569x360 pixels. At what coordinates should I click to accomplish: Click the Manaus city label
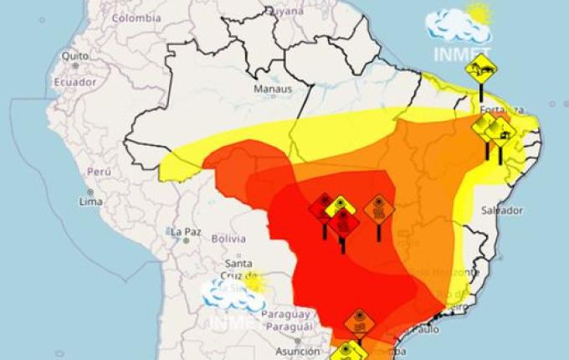click(273, 88)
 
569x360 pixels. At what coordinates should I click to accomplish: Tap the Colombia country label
click(136, 18)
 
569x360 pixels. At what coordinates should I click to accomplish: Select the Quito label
click(74, 55)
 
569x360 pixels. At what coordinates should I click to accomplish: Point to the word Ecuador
click(74, 82)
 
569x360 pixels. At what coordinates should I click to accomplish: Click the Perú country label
click(99, 171)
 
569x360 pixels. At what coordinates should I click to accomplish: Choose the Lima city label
click(90, 202)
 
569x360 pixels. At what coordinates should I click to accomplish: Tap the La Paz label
click(185, 231)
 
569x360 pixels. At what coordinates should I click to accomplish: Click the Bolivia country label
click(228, 239)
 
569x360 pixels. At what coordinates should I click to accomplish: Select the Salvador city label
click(502, 210)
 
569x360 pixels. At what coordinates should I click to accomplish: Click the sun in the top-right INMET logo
click(479, 13)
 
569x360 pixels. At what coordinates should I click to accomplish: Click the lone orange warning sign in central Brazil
click(379, 208)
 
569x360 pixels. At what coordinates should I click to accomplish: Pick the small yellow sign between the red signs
click(341, 205)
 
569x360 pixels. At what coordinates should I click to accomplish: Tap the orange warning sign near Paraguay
click(359, 321)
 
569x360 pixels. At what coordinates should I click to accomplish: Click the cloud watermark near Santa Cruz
click(229, 294)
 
